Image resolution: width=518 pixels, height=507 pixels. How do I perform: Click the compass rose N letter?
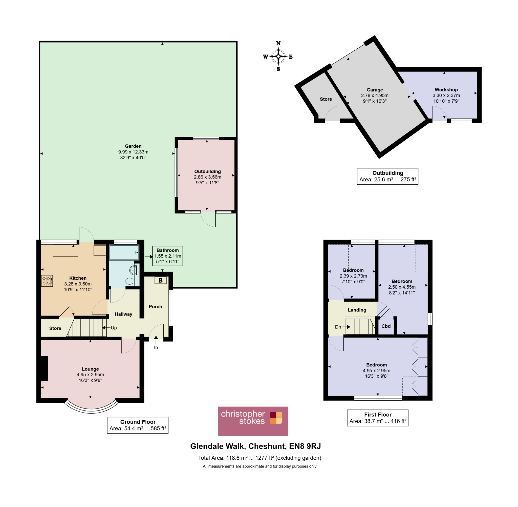point(278,43)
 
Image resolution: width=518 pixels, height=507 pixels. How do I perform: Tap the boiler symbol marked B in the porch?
point(160,280)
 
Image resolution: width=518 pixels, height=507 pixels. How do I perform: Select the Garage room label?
point(375,90)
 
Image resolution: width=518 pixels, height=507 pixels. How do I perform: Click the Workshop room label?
point(446,90)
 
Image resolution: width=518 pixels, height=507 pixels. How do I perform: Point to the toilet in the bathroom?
point(130,281)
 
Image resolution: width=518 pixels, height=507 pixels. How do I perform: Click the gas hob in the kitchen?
point(47,281)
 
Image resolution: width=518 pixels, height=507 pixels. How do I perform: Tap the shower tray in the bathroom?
point(124,252)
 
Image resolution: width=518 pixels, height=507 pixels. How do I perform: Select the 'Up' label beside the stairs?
point(114,328)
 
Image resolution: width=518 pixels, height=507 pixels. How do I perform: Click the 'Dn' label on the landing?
point(338,327)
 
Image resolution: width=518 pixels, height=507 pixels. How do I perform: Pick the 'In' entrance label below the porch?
point(156,347)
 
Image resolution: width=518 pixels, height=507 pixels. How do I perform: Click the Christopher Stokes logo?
point(253,421)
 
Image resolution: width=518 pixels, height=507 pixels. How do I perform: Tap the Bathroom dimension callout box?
point(167,256)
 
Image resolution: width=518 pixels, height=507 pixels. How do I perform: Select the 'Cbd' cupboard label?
point(386,326)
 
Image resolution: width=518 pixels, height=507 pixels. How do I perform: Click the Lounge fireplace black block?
point(44,368)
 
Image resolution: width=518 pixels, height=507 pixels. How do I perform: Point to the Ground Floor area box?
point(138,425)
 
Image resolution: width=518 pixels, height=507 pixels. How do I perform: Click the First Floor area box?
point(378,418)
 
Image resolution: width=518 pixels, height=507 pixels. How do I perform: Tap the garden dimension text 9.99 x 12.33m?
point(133,152)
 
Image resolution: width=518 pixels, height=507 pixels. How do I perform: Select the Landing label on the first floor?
point(357,310)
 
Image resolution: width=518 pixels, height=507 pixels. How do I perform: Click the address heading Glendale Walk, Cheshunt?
point(238,446)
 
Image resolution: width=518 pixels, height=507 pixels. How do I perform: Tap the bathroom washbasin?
point(133,270)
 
